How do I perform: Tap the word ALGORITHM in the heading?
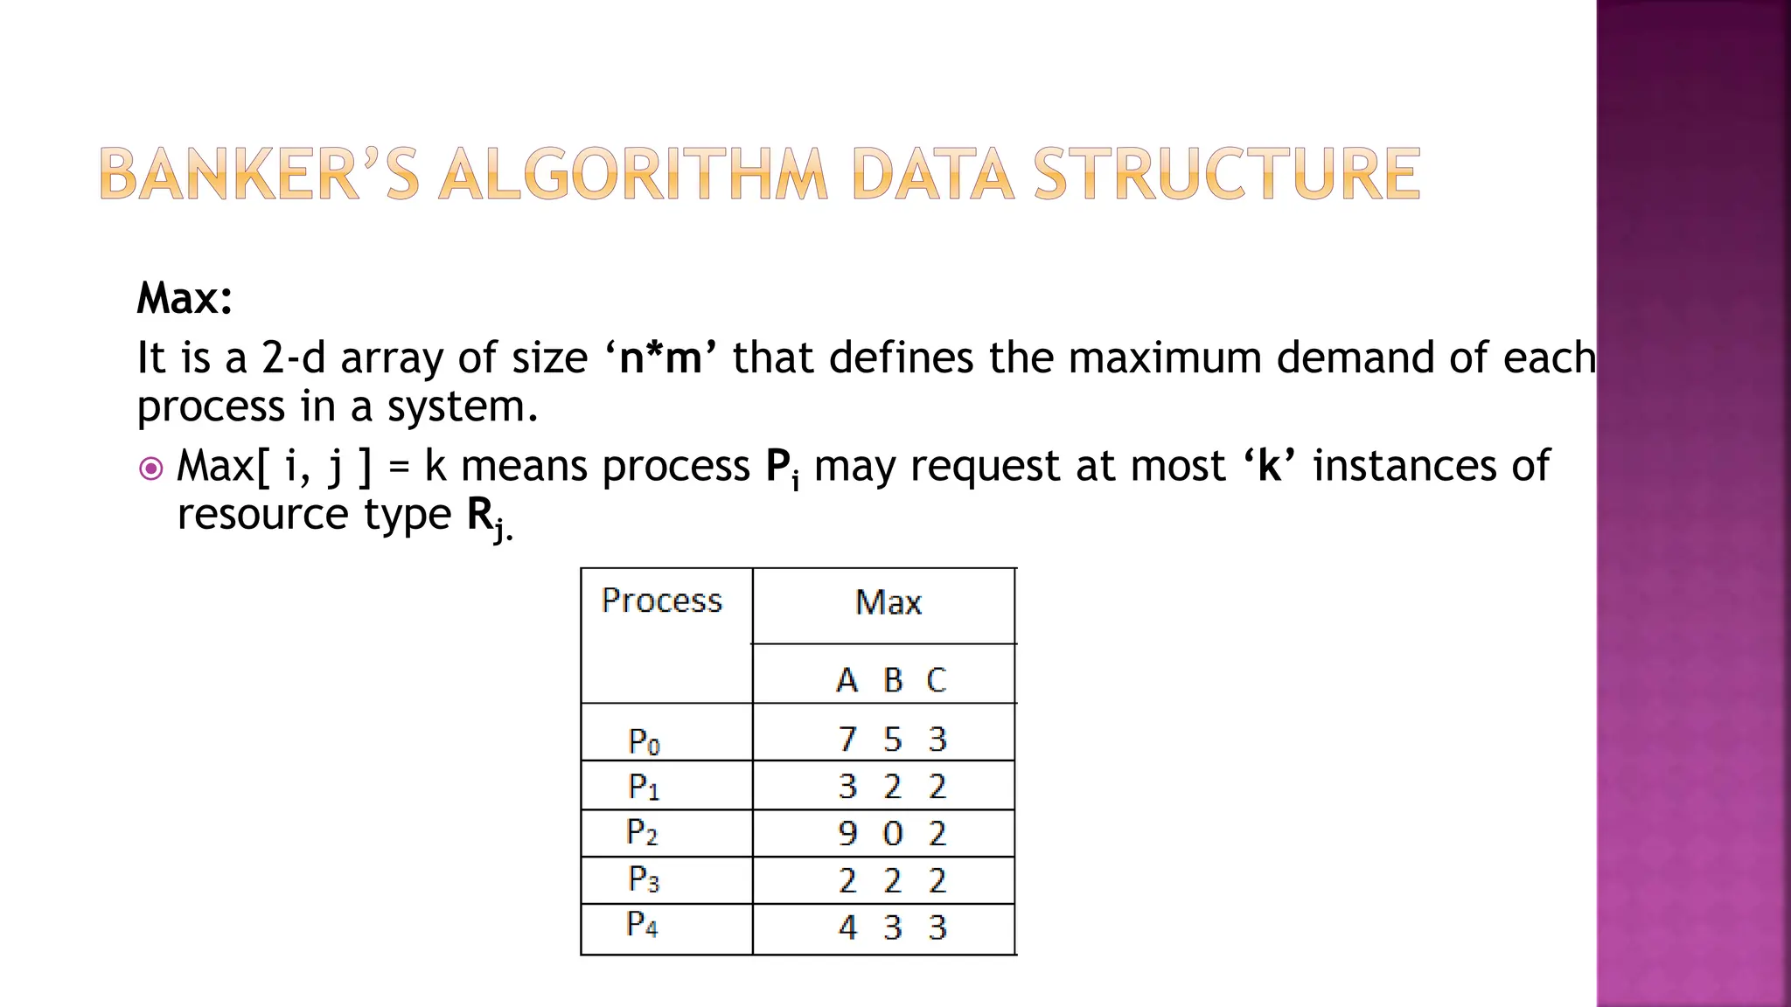point(632,174)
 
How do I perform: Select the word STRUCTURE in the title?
point(1226,174)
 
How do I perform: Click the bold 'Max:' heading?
point(185,298)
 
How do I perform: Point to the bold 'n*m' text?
point(660,358)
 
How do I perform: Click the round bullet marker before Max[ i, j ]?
point(151,469)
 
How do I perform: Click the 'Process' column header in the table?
point(662,601)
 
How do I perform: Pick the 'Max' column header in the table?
point(888,602)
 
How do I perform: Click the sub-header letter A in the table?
point(846,680)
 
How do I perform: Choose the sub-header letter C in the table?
point(936,680)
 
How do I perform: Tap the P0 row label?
point(644,742)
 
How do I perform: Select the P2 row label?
point(642,832)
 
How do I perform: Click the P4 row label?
point(642,924)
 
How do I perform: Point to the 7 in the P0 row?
point(847,740)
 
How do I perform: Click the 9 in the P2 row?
point(847,833)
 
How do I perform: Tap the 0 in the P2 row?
point(892,833)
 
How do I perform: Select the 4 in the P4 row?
point(847,927)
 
